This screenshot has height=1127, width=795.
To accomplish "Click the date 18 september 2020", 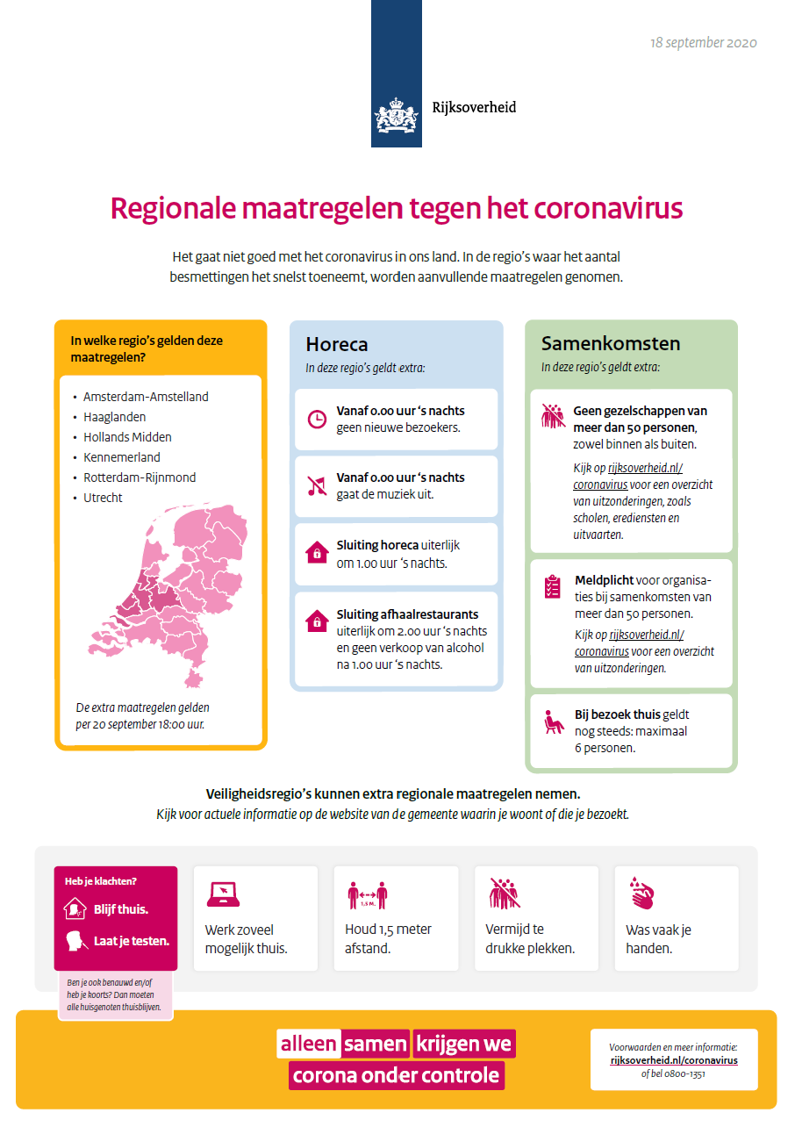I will (x=703, y=43).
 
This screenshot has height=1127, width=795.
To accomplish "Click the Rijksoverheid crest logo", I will (x=396, y=116).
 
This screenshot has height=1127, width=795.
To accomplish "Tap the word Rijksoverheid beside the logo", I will (x=474, y=108).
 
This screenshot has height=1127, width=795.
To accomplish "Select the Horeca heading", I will (x=336, y=345).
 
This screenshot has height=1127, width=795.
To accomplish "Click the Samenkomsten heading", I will (x=598, y=343).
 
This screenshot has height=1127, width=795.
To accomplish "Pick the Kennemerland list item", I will (x=122, y=457).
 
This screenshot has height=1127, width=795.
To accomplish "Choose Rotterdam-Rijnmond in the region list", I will (x=140, y=477).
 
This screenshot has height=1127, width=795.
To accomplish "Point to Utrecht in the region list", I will (x=103, y=498).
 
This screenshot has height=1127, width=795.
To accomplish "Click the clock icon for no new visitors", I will (x=316, y=420).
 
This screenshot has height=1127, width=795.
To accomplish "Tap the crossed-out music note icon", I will (x=316, y=485).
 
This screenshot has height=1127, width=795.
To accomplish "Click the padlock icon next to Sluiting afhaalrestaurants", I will (x=316, y=621).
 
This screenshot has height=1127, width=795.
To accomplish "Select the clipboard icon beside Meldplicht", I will (x=552, y=587).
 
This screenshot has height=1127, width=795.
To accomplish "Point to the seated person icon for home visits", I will (x=552, y=722).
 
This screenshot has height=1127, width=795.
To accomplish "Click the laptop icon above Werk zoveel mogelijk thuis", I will (x=222, y=894).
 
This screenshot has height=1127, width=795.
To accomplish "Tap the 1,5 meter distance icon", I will (x=367, y=894).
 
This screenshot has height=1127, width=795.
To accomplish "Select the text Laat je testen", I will (x=131, y=941).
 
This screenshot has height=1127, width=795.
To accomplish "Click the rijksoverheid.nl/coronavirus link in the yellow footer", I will (x=674, y=1060).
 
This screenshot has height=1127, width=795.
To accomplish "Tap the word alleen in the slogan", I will (x=308, y=1044).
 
